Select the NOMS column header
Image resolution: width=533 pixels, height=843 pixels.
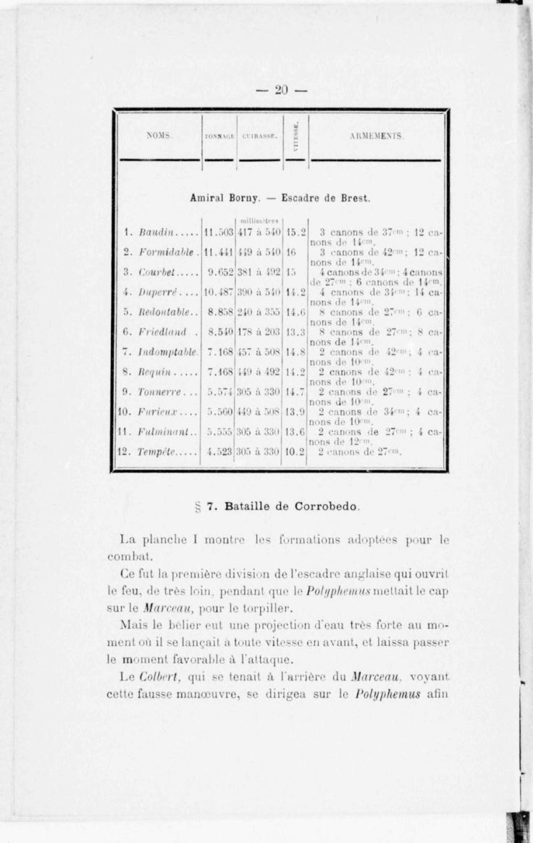159,136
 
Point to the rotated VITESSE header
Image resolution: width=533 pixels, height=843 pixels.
295,136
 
